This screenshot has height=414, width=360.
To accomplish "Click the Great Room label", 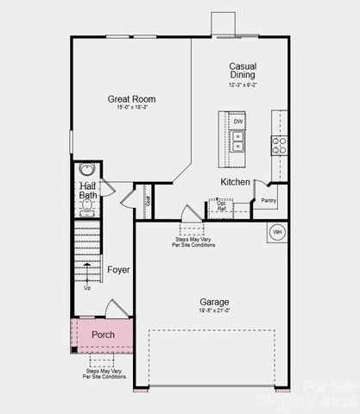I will pyautogui.click(x=131, y=99).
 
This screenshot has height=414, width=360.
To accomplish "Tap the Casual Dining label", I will pyautogui.click(x=243, y=71).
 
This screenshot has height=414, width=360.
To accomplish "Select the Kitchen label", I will pyautogui.click(x=235, y=182).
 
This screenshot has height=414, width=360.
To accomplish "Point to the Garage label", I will pyautogui.click(x=215, y=302).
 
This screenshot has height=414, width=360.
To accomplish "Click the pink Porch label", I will pyautogui.click(x=103, y=335).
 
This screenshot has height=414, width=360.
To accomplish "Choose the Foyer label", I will pyautogui.click(x=118, y=270).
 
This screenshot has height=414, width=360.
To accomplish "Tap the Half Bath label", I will pyautogui.click(x=88, y=191).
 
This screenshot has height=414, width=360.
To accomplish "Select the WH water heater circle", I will pyautogui.click(x=277, y=232).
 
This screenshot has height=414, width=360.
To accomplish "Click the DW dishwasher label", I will pyautogui.click(x=237, y=122).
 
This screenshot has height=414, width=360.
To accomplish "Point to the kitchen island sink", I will pyautogui.click(x=237, y=141).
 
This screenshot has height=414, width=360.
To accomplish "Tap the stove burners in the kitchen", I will pyautogui.click(x=280, y=144).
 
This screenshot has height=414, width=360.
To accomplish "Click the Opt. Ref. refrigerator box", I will pyautogui.click(x=221, y=207).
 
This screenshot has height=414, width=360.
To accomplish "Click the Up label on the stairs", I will pyautogui.click(x=87, y=287).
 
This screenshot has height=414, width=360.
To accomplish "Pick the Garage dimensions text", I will pyautogui.click(x=215, y=311).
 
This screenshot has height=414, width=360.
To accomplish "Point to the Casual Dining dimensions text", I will pyautogui.click(x=243, y=85).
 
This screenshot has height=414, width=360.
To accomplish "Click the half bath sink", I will pyautogui.click(x=86, y=170).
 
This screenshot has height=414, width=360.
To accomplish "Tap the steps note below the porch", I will pyautogui.click(x=103, y=373).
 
